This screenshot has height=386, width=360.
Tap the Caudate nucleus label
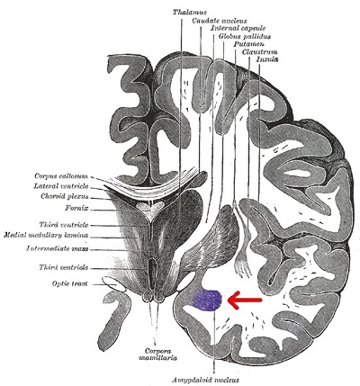coord(220,21)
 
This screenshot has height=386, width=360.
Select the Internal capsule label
coord(238,29)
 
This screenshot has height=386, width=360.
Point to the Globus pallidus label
coord(245,36)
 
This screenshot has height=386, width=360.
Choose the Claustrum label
coord(259,52)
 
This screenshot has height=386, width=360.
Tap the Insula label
coord(267,59)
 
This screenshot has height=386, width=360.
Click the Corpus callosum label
coord(61,176)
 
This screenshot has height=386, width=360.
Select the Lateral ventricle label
coord(61,186)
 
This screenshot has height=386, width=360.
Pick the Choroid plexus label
coord(65,197)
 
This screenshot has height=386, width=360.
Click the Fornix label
coord(76,208)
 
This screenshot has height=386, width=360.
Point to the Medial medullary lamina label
coord(46,235)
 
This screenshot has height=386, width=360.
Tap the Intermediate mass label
coord(58,248)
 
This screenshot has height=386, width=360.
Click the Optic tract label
coord(70,283)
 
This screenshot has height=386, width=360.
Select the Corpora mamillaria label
coord(157,355)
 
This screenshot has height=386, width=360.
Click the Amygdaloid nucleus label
coord(205,380)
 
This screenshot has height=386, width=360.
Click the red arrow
coord(245,300)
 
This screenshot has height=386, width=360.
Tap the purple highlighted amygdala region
coord(207,301)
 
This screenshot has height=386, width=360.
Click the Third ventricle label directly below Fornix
coord(64,225)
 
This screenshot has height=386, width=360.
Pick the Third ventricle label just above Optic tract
coord(64,267)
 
